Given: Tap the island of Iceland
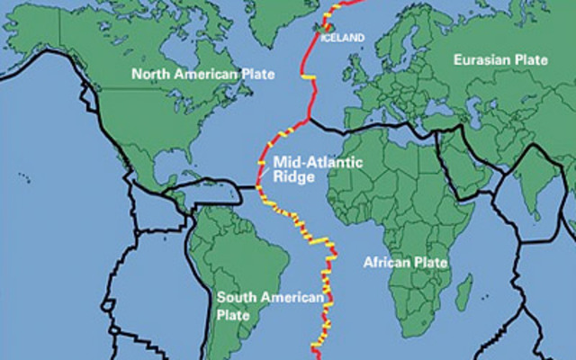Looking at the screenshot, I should [320, 28].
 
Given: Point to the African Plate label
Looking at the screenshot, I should [405, 262].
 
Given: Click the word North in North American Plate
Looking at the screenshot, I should [148, 73].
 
